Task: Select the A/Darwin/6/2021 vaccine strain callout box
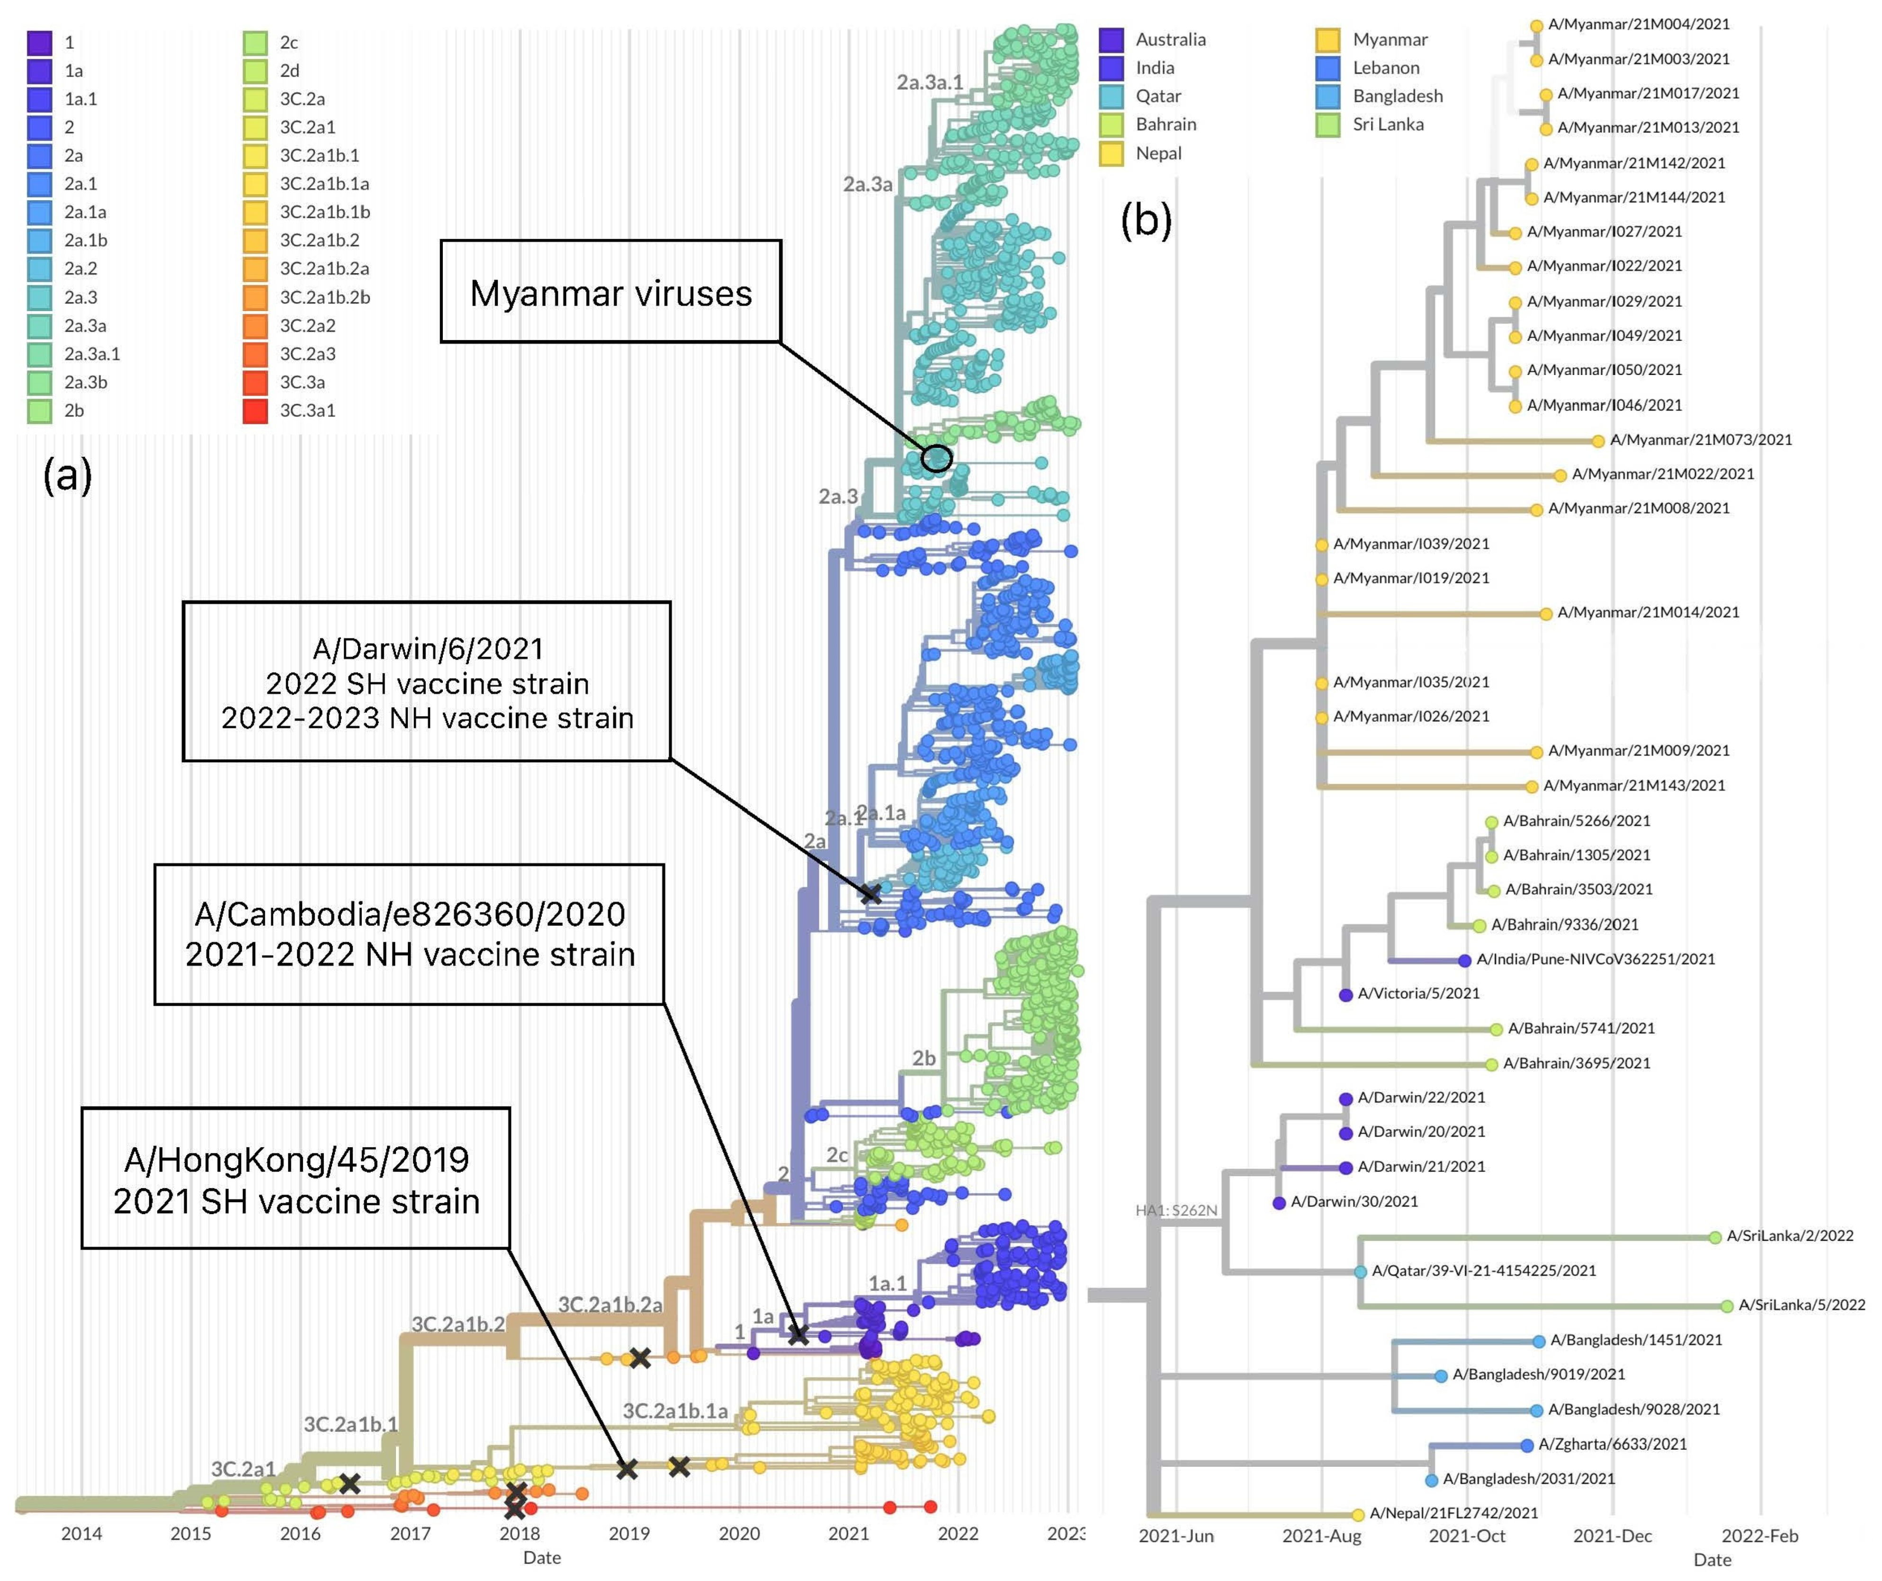click(x=427, y=682)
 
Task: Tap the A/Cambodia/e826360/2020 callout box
click(x=410, y=934)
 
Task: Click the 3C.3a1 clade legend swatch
click(x=255, y=411)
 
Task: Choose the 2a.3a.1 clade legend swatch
click(x=39, y=354)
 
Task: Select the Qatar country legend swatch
click(x=1111, y=96)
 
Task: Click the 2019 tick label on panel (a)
click(x=629, y=1534)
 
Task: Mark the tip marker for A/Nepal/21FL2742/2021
click(x=1358, y=1515)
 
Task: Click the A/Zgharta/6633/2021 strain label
click(x=1612, y=1444)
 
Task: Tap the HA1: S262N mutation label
click(x=1176, y=1210)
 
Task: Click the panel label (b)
click(x=1146, y=220)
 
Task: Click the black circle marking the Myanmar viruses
click(x=937, y=458)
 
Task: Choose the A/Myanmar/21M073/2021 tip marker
click(x=1598, y=440)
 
